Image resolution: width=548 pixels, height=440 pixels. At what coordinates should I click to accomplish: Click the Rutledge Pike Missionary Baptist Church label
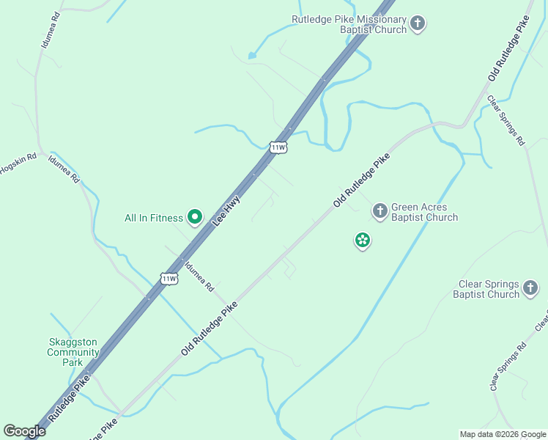pyautogui.click(x=349, y=24)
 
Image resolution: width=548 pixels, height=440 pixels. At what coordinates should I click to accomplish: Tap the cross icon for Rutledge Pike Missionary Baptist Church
pyautogui.click(x=417, y=23)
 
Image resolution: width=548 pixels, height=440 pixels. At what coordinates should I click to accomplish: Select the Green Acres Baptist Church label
pyautogui.click(x=424, y=212)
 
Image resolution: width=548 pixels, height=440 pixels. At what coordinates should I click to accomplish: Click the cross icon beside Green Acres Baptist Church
pyautogui.click(x=379, y=211)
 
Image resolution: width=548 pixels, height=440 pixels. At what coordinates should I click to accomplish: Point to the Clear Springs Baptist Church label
pyautogui.click(x=489, y=289)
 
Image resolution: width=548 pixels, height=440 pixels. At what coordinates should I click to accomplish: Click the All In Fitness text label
pyautogui.click(x=153, y=218)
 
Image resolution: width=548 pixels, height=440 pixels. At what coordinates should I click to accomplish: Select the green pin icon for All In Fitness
pyautogui.click(x=195, y=216)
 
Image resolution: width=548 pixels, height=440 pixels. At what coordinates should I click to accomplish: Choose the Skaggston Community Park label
pyautogui.click(x=73, y=352)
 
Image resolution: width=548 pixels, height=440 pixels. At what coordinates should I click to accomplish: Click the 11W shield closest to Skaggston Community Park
pyautogui.click(x=169, y=278)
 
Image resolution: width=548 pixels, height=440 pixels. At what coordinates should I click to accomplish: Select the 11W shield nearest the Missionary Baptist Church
pyautogui.click(x=278, y=147)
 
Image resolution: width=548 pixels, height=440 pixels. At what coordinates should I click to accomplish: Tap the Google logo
pyautogui.click(x=24, y=431)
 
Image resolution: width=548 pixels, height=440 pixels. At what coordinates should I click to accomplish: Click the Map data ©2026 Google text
pyautogui.click(x=502, y=434)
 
